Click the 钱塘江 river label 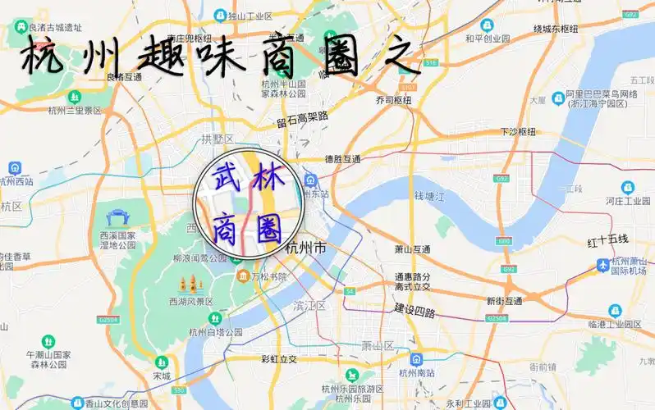tap(429, 197)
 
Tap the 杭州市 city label tap(305, 248)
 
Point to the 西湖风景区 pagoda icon tap(190, 285)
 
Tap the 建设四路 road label tap(415, 312)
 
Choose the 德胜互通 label tap(342, 159)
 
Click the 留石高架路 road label tap(302, 120)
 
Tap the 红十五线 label tap(607, 239)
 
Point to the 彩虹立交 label tap(279, 359)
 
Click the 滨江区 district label tap(309, 305)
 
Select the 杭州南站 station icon tap(417, 359)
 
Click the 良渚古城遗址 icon tap(18, 28)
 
